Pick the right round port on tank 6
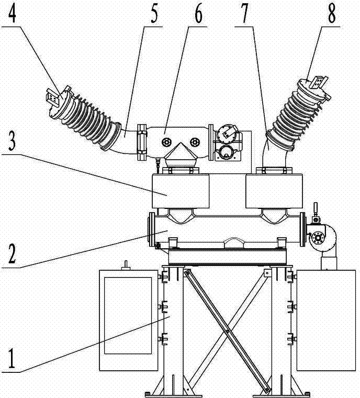[195, 142]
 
